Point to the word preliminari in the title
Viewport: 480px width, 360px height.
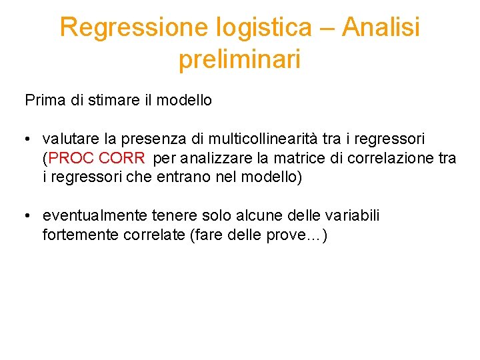click(239, 59)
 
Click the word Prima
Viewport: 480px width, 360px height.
click(45, 101)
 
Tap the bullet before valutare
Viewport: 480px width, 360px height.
click(25, 139)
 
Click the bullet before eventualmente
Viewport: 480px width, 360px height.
click(25, 217)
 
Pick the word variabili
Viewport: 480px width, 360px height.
click(351, 216)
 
